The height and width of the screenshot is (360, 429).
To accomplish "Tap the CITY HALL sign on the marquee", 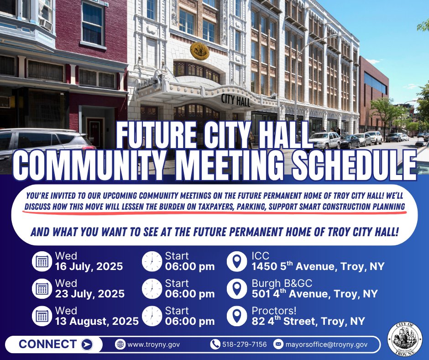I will pyautogui.click(x=236, y=100).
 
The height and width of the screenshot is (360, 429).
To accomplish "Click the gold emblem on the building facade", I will pyautogui.click(x=199, y=50).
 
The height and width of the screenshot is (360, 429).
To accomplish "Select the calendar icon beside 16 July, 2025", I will pyautogui.click(x=42, y=261).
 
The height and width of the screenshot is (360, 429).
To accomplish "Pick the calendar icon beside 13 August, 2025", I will pyautogui.click(x=42, y=316).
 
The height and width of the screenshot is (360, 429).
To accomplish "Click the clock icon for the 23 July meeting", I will pyautogui.click(x=152, y=289).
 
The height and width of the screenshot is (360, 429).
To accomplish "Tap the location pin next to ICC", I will pyautogui.click(x=237, y=261).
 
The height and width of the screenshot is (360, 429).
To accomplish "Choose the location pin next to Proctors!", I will pyautogui.click(x=237, y=316).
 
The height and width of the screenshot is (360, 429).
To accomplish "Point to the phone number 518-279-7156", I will pyautogui.click(x=244, y=344).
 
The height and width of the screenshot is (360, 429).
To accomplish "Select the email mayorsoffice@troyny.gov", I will pyautogui.click(x=326, y=344).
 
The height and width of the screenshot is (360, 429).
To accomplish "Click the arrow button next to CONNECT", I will pyautogui.click(x=87, y=344).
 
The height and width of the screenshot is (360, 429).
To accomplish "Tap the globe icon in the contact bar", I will pyautogui.click(x=120, y=344).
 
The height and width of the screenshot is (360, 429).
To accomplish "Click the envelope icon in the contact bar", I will pyautogui.click(x=278, y=344).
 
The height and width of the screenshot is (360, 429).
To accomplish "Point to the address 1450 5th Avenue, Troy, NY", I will pyautogui.click(x=318, y=267).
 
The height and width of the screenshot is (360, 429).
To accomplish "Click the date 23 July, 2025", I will pyautogui.click(x=90, y=294).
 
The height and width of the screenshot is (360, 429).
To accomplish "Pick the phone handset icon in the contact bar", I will pyautogui.click(x=215, y=344).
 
